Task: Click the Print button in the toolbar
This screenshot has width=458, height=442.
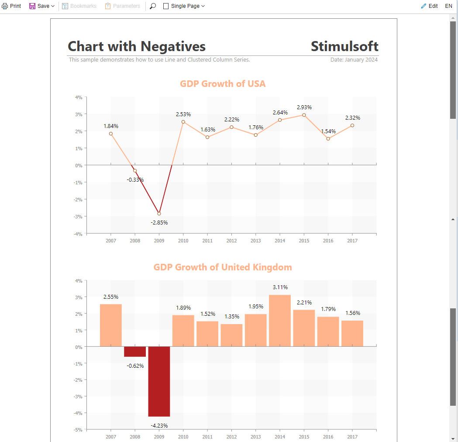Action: coord(11,6)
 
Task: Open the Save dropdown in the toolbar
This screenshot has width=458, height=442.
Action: coord(42,6)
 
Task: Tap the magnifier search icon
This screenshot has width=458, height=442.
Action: coord(153,6)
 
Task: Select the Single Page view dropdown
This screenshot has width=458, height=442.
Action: coord(184,6)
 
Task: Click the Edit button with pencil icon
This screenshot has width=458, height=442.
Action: coord(429,6)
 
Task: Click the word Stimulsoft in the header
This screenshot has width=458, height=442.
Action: coord(344,46)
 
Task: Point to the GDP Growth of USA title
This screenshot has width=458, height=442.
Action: coord(223,84)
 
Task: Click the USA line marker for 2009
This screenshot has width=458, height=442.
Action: coord(159,214)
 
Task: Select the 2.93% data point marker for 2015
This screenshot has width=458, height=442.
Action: coord(304,115)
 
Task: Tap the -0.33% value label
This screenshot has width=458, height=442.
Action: coord(135,180)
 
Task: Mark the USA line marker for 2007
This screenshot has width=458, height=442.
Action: coord(111,134)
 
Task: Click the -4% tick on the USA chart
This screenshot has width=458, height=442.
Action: coord(78,234)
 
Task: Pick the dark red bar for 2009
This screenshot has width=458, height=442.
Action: coord(159,382)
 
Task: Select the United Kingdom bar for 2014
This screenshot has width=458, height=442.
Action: coord(280,321)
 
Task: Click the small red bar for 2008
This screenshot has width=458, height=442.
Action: coord(135,352)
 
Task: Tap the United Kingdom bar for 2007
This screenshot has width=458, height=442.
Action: coord(111,325)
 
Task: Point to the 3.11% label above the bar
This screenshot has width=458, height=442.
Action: coord(280,287)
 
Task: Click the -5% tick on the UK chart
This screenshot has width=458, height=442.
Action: coord(78,430)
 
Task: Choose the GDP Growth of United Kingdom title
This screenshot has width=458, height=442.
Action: coord(223,267)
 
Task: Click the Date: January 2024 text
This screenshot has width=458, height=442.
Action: coord(354,59)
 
